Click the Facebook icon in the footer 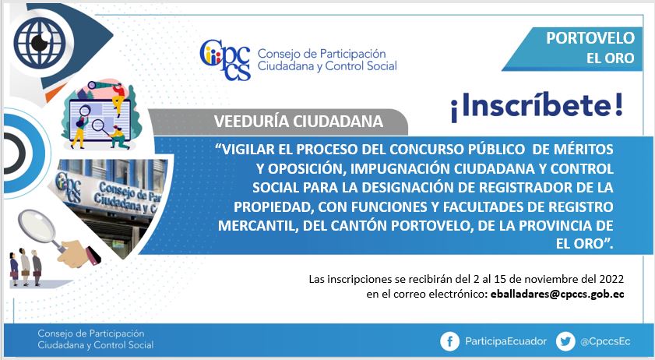[x=450, y=341]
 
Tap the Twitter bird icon [x=565, y=341]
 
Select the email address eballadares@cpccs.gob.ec [x=557, y=294]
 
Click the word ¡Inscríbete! [x=537, y=106]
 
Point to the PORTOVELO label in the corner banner [x=590, y=38]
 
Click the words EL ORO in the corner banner [x=611, y=58]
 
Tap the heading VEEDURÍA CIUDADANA [x=298, y=122]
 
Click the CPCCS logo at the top [x=225, y=59]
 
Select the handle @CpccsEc [x=605, y=341]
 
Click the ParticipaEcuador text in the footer [x=506, y=341]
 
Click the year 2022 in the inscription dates [x=611, y=279]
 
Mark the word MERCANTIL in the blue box [x=258, y=226]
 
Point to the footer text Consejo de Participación [x=90, y=334]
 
